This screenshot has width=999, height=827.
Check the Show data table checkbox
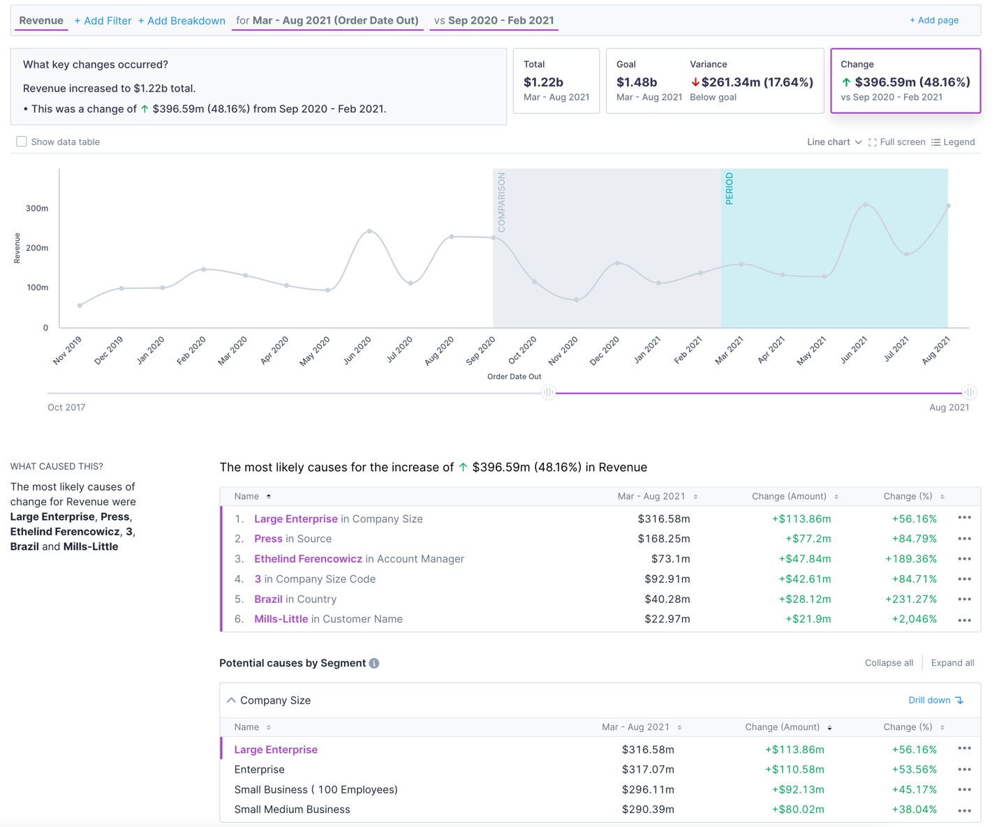[x=22, y=142]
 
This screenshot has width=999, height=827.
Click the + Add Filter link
[x=103, y=21]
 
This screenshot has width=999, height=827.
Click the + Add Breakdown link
[x=182, y=21]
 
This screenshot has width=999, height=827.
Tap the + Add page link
[x=933, y=20]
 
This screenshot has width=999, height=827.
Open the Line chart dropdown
[x=834, y=142]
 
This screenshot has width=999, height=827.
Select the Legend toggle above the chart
[x=953, y=142]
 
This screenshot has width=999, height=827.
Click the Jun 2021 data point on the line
[x=866, y=204]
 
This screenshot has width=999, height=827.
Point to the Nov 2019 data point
[x=80, y=306]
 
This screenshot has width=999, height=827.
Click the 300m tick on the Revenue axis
[x=37, y=208]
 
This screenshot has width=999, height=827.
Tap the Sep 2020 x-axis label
[x=480, y=350]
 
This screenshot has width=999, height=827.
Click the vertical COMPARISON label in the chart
[x=501, y=202]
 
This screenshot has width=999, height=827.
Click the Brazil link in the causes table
[x=268, y=599]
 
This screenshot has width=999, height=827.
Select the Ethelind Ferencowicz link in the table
[x=308, y=559]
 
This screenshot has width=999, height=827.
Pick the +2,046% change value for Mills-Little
[x=914, y=619]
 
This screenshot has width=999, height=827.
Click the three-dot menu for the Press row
[x=964, y=539]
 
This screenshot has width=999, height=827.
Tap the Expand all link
[x=952, y=663]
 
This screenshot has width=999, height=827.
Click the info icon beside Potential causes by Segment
[x=374, y=663]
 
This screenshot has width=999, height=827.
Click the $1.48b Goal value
[x=636, y=82]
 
